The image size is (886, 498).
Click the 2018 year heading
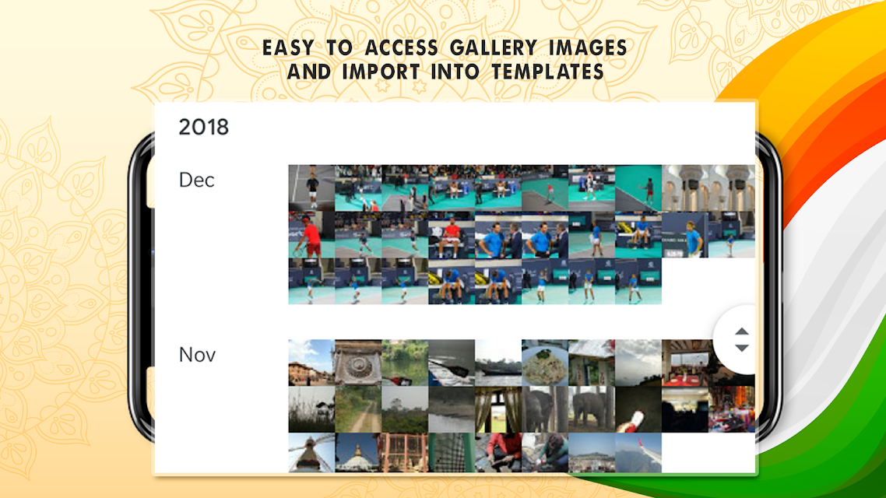pos(203,127)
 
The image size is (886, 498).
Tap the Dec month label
pos(197,180)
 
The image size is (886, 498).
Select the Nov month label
pos(197,355)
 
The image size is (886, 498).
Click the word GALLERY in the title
pos(493,48)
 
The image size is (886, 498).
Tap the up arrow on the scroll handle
pos(742,331)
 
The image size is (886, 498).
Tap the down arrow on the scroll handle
pos(742,347)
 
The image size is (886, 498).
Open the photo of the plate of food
pos(545,363)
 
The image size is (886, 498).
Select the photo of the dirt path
pos(358,409)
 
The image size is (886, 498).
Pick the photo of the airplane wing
pos(638,452)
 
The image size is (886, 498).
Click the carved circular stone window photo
pos(358,363)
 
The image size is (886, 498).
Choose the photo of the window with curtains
pos(498,409)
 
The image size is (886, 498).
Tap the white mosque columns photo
pos(708,188)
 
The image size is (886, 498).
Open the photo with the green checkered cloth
pos(452,452)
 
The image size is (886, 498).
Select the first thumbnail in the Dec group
pos(311,188)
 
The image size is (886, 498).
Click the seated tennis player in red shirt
pos(452,235)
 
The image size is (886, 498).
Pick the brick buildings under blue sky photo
pos(311,363)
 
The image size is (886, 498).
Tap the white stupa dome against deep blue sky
pos(358,452)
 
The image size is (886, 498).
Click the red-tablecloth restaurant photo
pos(685,363)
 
